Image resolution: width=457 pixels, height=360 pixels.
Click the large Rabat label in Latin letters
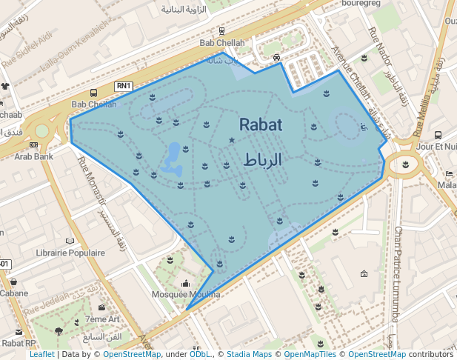point(261,125)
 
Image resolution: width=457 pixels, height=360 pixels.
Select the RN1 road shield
point(124,87)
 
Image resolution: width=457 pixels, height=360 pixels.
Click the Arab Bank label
point(33,156)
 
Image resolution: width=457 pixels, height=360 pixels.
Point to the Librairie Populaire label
point(70,253)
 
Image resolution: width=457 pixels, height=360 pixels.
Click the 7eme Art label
point(102,319)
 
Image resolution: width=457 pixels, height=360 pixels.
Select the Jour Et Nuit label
point(437,147)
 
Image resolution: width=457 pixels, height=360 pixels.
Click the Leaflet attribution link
point(41,355)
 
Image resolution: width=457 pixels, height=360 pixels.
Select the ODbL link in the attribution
point(200,355)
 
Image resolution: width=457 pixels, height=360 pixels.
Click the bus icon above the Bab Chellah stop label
point(93,93)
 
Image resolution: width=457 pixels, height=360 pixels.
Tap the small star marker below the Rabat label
point(232,140)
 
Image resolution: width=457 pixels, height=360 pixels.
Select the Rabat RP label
point(19,343)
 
